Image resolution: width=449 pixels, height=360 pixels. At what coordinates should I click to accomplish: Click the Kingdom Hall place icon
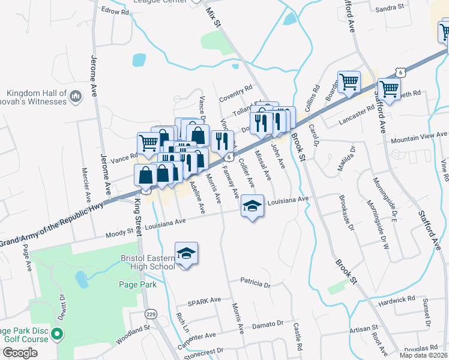76,96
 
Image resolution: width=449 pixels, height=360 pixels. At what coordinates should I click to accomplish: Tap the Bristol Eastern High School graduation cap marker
186,253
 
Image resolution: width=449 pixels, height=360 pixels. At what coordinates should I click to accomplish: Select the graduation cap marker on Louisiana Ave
253,206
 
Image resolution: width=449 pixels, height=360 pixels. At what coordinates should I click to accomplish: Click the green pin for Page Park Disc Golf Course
57,334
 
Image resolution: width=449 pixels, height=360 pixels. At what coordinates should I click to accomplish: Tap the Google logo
20,353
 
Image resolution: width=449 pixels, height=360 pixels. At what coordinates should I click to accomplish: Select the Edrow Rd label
115,11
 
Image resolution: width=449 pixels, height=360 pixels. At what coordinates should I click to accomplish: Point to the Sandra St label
406,8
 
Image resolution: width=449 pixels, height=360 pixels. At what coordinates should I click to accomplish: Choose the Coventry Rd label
235,89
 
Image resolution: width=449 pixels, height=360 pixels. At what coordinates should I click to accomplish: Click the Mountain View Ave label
419,137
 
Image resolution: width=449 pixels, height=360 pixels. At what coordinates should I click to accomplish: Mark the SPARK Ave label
205,300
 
